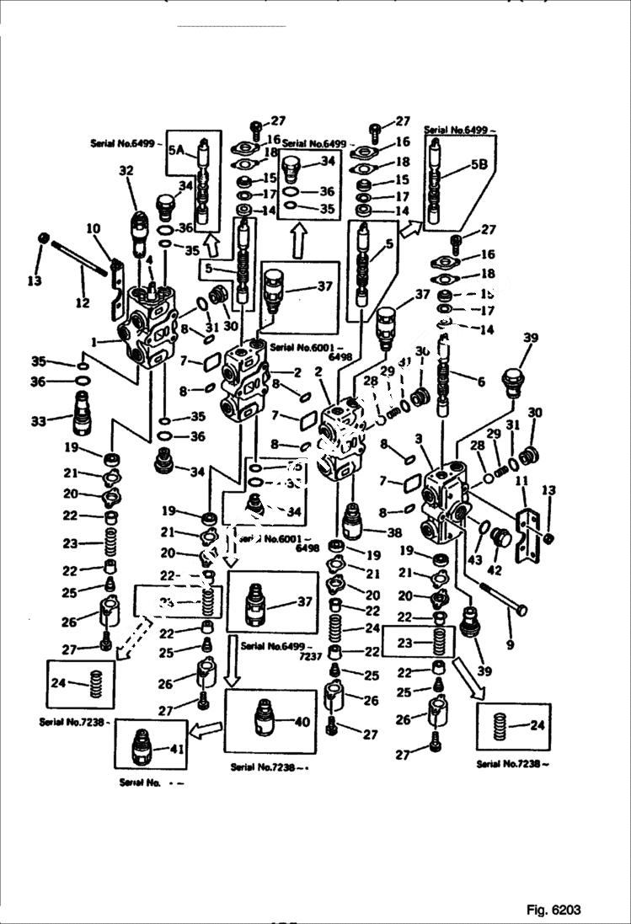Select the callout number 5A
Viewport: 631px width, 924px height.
(176, 151)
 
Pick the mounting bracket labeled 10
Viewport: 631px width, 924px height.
(117, 278)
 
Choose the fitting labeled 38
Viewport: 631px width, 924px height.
(353, 521)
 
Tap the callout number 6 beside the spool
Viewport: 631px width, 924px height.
(481, 382)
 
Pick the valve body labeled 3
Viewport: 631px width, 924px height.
(446, 505)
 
